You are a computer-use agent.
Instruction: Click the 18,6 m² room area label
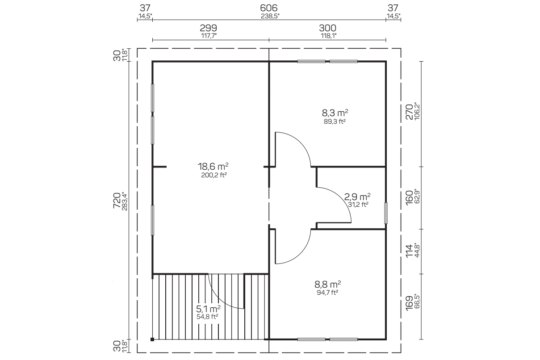[x=213, y=166]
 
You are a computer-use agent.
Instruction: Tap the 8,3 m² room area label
[x=335, y=113]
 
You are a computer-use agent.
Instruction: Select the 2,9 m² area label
[x=357, y=197]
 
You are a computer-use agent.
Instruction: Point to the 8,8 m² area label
[x=327, y=284]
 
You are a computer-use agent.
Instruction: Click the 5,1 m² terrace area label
[x=208, y=308]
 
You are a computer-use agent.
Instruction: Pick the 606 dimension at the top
[x=269, y=8]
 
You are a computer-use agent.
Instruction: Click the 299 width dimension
[x=208, y=28]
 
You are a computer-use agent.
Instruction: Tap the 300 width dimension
[x=327, y=28]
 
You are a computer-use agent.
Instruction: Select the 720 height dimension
[x=117, y=201]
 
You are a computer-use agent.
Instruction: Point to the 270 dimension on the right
[x=409, y=112]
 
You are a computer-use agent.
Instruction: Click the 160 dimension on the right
[x=409, y=198]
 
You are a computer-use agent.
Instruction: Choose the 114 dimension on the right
[x=409, y=251]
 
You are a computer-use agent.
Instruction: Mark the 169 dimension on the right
[x=409, y=303]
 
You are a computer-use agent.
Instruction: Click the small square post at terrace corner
[x=152, y=339]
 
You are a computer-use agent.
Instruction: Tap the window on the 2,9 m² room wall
[x=386, y=213]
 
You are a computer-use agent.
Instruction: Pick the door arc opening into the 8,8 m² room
[x=301, y=253]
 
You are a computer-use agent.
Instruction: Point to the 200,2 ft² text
[x=214, y=175]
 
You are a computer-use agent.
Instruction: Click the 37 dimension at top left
[x=145, y=8]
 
